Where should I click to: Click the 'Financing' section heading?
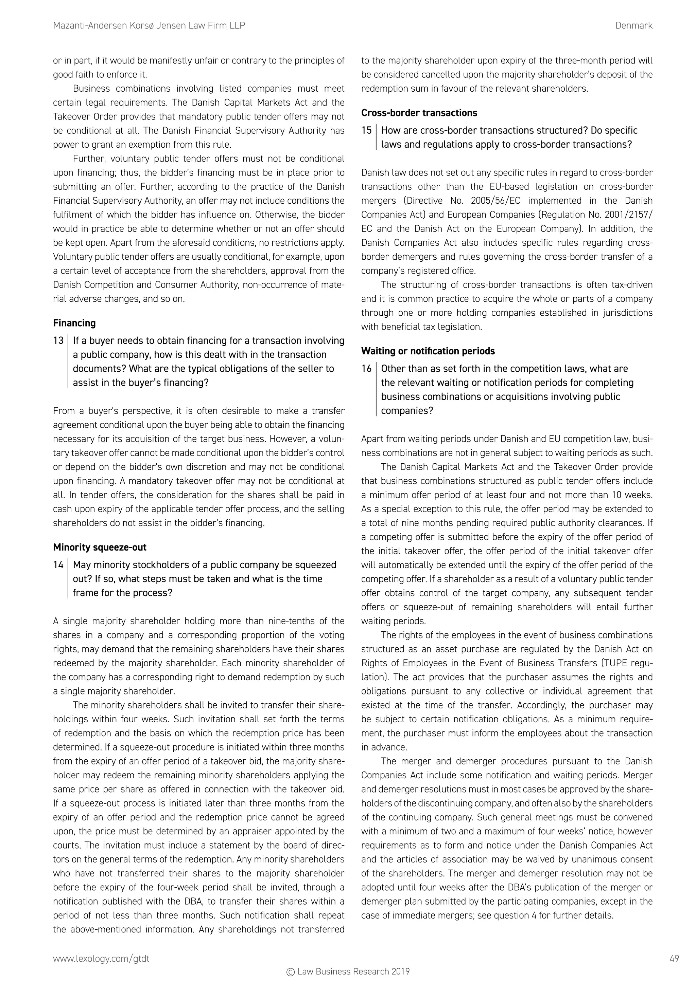(x=74, y=323)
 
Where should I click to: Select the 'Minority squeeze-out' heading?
(x=100, y=547)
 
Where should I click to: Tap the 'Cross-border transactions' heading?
(x=419, y=113)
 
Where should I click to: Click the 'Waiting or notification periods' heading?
(x=428, y=351)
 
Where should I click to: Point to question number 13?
(x=58, y=341)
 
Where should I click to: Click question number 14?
(x=58, y=565)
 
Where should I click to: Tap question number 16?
(x=366, y=369)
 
